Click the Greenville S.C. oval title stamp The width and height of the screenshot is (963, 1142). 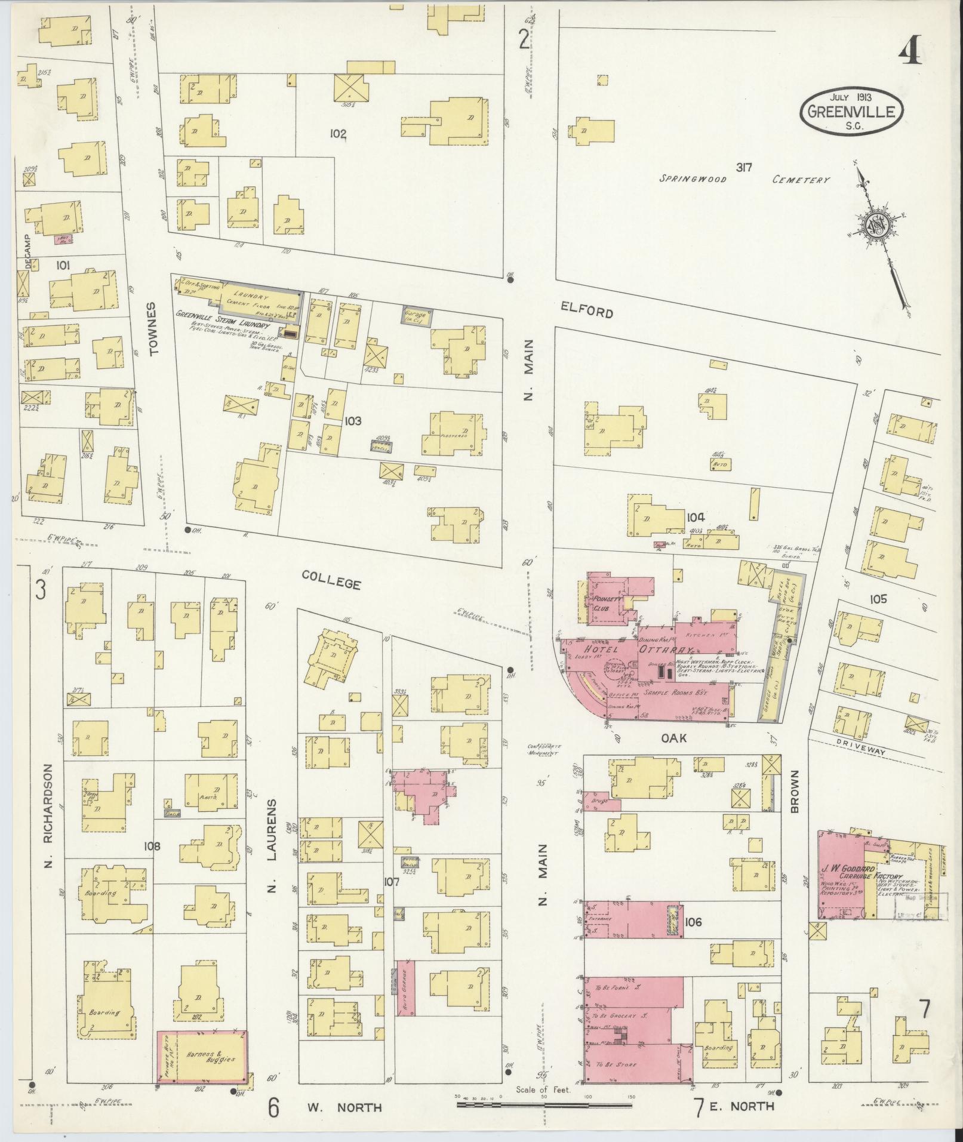pyautogui.click(x=851, y=111)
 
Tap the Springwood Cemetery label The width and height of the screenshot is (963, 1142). pyautogui.click(x=744, y=179)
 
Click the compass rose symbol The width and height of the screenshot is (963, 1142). pyautogui.click(x=877, y=227)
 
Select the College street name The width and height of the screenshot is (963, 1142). pyautogui.click(x=331, y=579)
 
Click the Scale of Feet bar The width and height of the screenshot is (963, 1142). pyautogui.click(x=543, y=1104)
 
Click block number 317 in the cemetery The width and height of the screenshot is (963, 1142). pyautogui.click(x=743, y=168)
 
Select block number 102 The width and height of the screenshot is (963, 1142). pyautogui.click(x=338, y=133)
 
